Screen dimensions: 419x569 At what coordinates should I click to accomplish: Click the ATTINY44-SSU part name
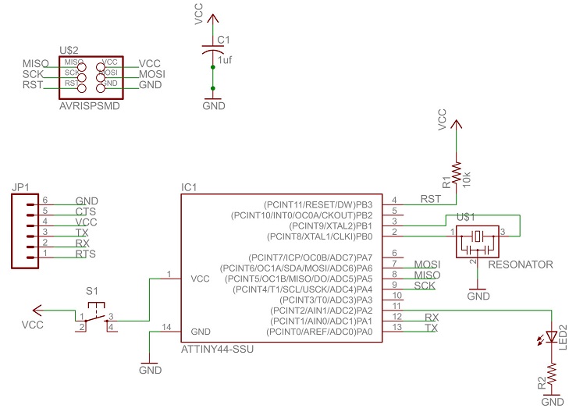(217, 349)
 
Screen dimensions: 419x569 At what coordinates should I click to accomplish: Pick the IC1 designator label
(189, 187)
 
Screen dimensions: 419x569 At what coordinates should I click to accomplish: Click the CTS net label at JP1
(86, 211)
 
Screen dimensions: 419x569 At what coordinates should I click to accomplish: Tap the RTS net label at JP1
(86, 254)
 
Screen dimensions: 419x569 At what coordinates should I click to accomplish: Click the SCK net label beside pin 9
(425, 286)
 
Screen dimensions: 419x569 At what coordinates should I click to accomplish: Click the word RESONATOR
(520, 265)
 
